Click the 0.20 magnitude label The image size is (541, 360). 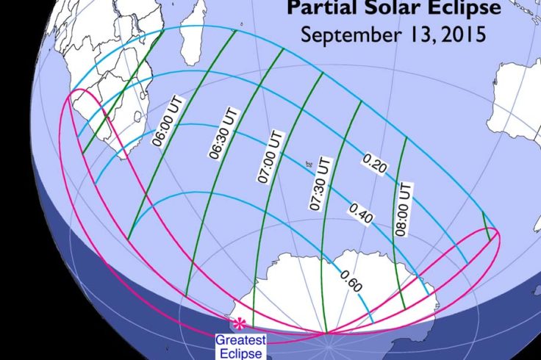coord(375,166)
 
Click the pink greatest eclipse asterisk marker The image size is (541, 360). coord(239,323)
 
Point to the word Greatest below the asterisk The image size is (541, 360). coord(240,340)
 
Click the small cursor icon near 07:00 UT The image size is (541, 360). coord(309,165)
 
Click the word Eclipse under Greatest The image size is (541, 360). coord(240,353)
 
